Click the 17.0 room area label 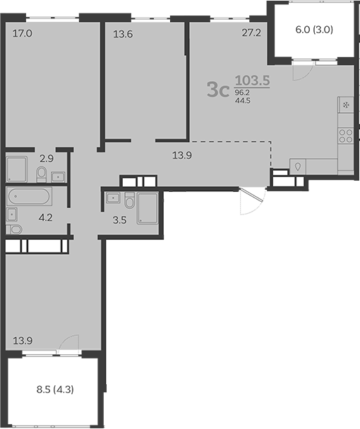tap(23, 32)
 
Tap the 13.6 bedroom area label tap(124, 32)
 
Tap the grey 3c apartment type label tap(217, 89)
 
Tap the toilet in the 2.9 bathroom tap(43, 173)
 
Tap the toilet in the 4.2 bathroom tap(14, 229)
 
